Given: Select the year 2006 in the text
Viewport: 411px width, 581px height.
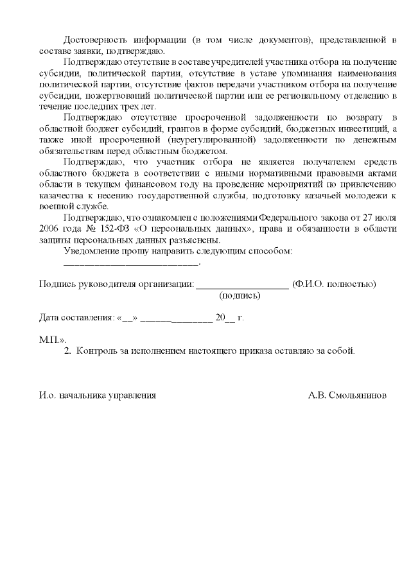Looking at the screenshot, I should click(50, 229).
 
